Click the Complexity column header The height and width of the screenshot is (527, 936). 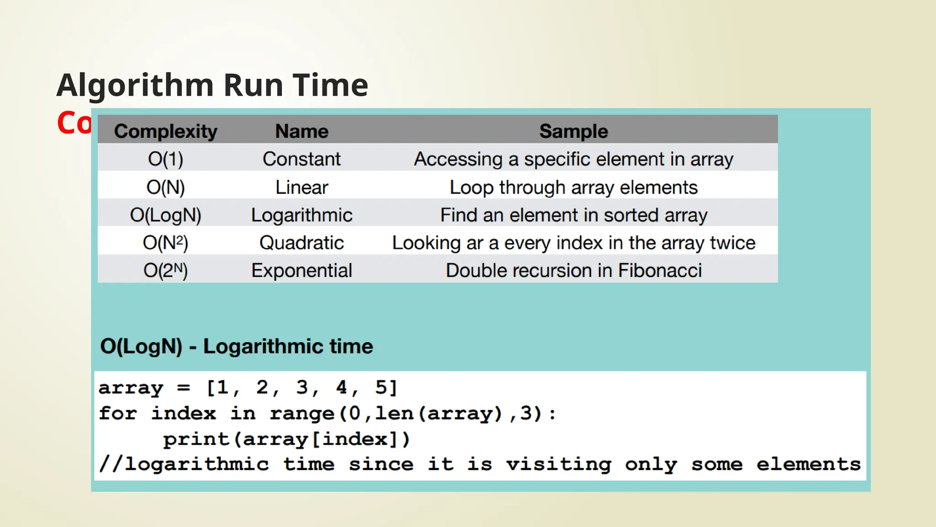[x=165, y=131]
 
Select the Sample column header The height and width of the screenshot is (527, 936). [x=574, y=131]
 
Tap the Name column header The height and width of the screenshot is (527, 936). [x=302, y=131]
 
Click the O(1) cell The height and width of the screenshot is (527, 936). [x=165, y=159]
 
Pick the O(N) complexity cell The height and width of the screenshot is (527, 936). [x=165, y=188]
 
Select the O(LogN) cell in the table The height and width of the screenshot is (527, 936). [x=165, y=215]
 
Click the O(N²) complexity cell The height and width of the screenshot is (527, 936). [x=165, y=243]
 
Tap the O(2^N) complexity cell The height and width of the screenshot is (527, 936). [x=165, y=270]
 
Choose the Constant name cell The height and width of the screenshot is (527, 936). [x=302, y=159]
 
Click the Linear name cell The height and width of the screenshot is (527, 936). [x=302, y=188]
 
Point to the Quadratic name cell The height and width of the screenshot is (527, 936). [x=302, y=243]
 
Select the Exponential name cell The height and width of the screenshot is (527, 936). [x=302, y=270]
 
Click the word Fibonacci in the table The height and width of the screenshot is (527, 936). [x=660, y=270]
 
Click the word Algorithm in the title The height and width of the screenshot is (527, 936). [x=135, y=86]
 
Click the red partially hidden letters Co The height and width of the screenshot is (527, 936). [x=74, y=124]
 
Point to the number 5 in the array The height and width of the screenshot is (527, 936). [x=381, y=387]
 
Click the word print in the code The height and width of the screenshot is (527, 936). [x=196, y=440]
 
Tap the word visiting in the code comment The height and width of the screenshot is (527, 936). [x=558, y=465]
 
